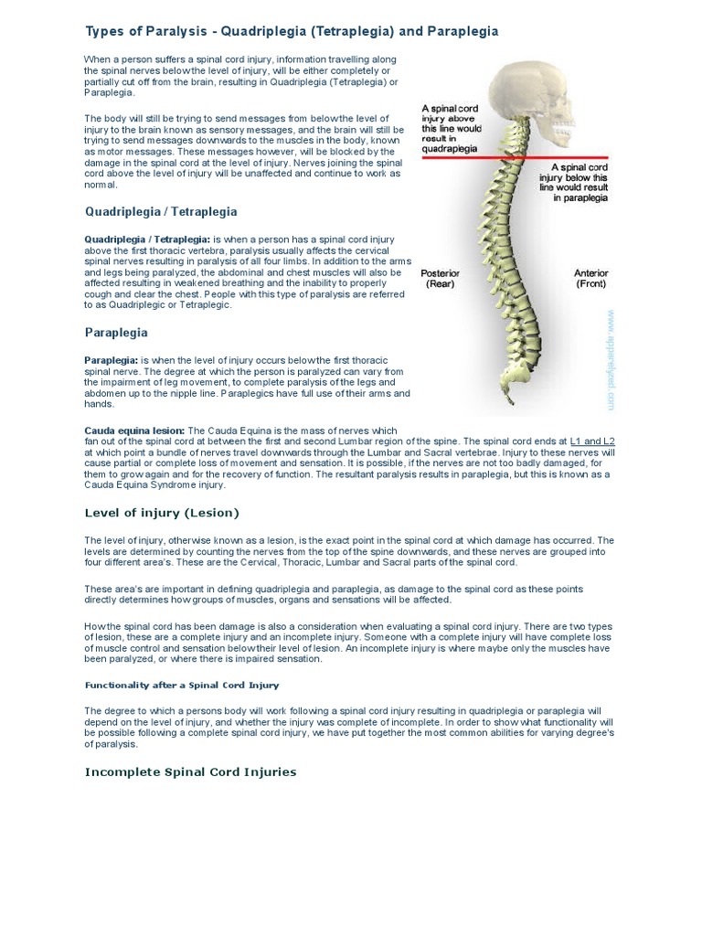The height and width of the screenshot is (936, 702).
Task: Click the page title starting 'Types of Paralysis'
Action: coord(292,31)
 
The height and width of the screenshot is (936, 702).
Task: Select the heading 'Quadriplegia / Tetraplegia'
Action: coord(161,212)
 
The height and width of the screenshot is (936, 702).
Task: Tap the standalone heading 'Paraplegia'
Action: coord(116,333)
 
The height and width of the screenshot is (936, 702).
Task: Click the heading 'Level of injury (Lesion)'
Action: coord(162,513)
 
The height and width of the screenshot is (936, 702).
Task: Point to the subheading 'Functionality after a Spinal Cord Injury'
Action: coord(182,685)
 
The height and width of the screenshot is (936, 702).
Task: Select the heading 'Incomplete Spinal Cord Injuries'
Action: coord(191,772)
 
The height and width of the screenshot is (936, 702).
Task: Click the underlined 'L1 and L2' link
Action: coord(592,441)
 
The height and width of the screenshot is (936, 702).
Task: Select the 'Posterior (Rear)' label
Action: coord(440,279)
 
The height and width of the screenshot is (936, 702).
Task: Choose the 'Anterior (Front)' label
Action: coord(590,279)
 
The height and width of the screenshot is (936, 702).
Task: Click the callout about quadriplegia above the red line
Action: coord(451,128)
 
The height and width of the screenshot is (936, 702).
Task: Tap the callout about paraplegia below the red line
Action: coord(581,183)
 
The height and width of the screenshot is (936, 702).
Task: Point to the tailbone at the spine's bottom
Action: coord(513,402)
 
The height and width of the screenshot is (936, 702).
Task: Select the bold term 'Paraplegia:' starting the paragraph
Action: coord(111,361)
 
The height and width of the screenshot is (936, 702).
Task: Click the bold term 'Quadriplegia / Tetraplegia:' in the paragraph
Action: coord(147,239)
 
